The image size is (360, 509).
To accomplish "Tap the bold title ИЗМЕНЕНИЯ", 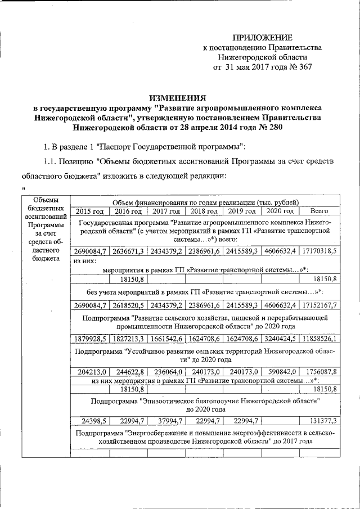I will [x=177, y=97].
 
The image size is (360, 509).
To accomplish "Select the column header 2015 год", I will [x=90, y=211].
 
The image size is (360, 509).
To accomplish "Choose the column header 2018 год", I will [x=204, y=211].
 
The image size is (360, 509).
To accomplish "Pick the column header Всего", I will [x=319, y=211].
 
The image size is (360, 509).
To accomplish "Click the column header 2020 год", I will [x=280, y=211].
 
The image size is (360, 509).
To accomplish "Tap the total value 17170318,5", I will [x=319, y=251].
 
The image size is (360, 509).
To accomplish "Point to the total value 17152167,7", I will [x=319, y=305].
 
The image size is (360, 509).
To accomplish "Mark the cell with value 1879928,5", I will [x=90, y=339].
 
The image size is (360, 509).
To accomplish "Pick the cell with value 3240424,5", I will [x=280, y=339].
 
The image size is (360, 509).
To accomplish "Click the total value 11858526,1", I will [x=319, y=339].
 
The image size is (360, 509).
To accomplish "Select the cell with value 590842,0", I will [x=280, y=372].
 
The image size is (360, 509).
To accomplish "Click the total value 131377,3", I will [x=319, y=421].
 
